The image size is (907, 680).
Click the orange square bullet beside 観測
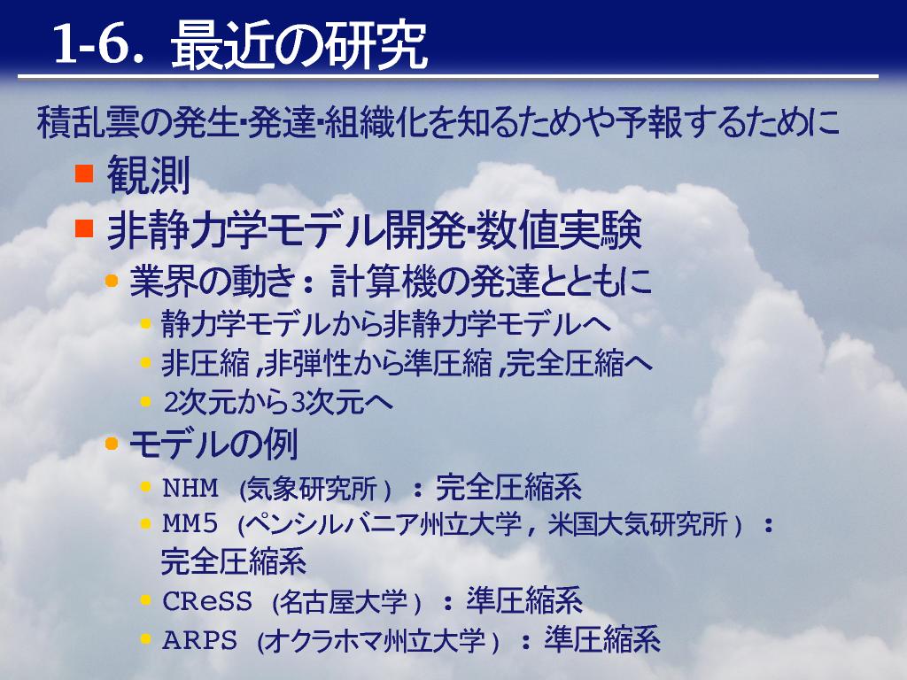pos(84,174)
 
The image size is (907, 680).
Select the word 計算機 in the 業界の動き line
pos(383,282)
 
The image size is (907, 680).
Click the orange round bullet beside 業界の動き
pos(111,282)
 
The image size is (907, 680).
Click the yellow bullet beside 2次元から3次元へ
pos(145,401)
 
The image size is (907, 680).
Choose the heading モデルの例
pos(213,444)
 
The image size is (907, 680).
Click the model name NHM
pos(190,489)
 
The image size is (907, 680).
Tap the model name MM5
pos(190,524)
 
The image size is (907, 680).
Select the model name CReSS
pos(207,602)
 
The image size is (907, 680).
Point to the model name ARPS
pos(199,641)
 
